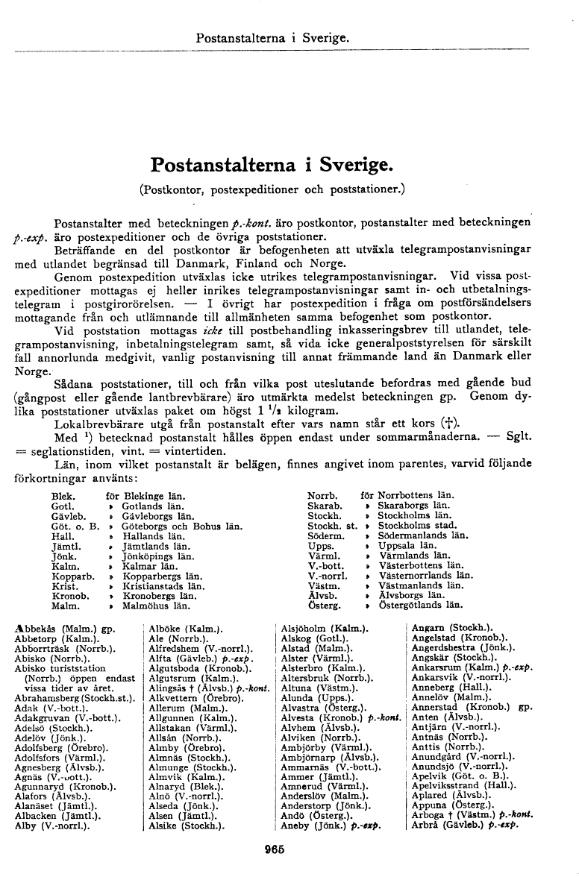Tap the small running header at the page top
tap(272, 37)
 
